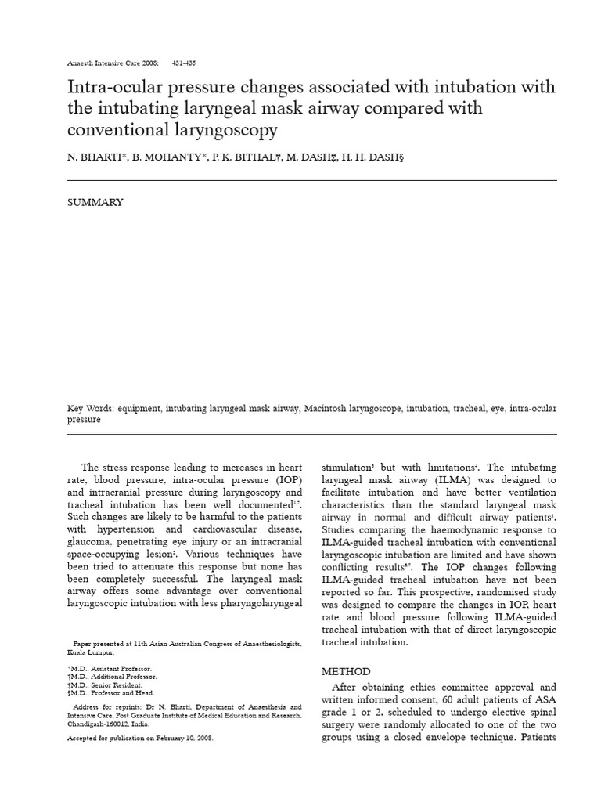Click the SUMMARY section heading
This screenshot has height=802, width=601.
[95, 202]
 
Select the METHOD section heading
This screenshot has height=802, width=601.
[346, 671]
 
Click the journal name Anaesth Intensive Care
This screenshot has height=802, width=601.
[110, 62]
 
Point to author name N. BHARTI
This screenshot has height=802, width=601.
[93, 157]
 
